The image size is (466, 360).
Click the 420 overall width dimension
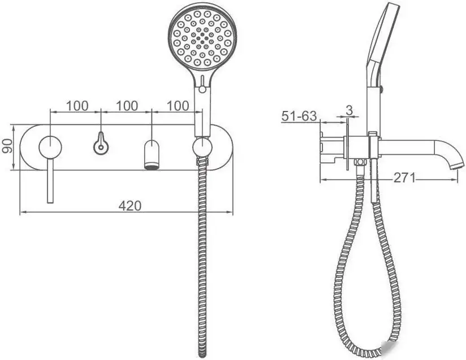(x=130, y=205)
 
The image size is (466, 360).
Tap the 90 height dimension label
(x=7, y=146)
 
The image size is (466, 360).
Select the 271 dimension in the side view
(x=404, y=178)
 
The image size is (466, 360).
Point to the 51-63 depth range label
(x=299, y=115)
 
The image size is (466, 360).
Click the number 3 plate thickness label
(x=349, y=110)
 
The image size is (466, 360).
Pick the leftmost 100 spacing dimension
(x=77, y=106)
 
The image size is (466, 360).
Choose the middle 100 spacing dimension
(x=127, y=106)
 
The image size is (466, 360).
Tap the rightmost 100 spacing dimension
(x=178, y=106)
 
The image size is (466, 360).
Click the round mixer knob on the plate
(x=50, y=147)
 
